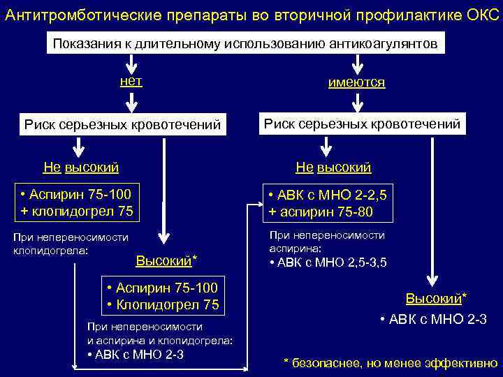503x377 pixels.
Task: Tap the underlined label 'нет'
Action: (131, 81)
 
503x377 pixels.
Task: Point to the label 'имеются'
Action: (356, 82)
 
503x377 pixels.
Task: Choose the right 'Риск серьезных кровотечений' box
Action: (361, 124)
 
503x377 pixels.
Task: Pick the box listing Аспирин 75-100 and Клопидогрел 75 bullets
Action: (162, 297)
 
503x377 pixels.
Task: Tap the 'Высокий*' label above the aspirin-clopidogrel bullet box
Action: (166, 261)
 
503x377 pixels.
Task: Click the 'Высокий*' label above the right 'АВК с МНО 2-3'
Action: (436, 299)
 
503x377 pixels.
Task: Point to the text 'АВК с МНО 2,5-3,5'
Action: (328, 263)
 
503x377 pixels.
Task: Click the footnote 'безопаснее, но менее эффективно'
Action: (395, 362)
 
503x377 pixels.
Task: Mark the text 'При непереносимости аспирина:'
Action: (327, 242)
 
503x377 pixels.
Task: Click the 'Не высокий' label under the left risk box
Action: (81, 168)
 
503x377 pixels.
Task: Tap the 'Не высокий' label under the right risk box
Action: (333, 168)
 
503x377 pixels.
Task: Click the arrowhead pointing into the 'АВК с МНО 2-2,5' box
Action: (256, 205)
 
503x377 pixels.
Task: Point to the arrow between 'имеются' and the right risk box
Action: (357, 103)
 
